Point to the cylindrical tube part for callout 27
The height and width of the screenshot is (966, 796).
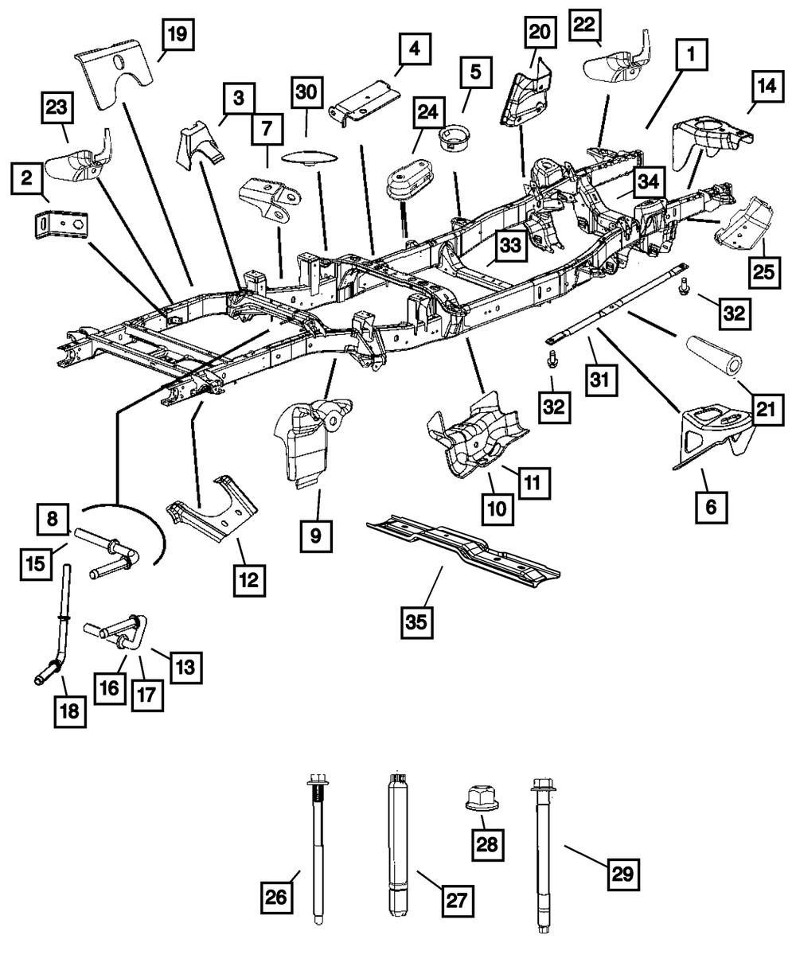tap(397, 843)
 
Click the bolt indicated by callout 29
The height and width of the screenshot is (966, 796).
tap(540, 859)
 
